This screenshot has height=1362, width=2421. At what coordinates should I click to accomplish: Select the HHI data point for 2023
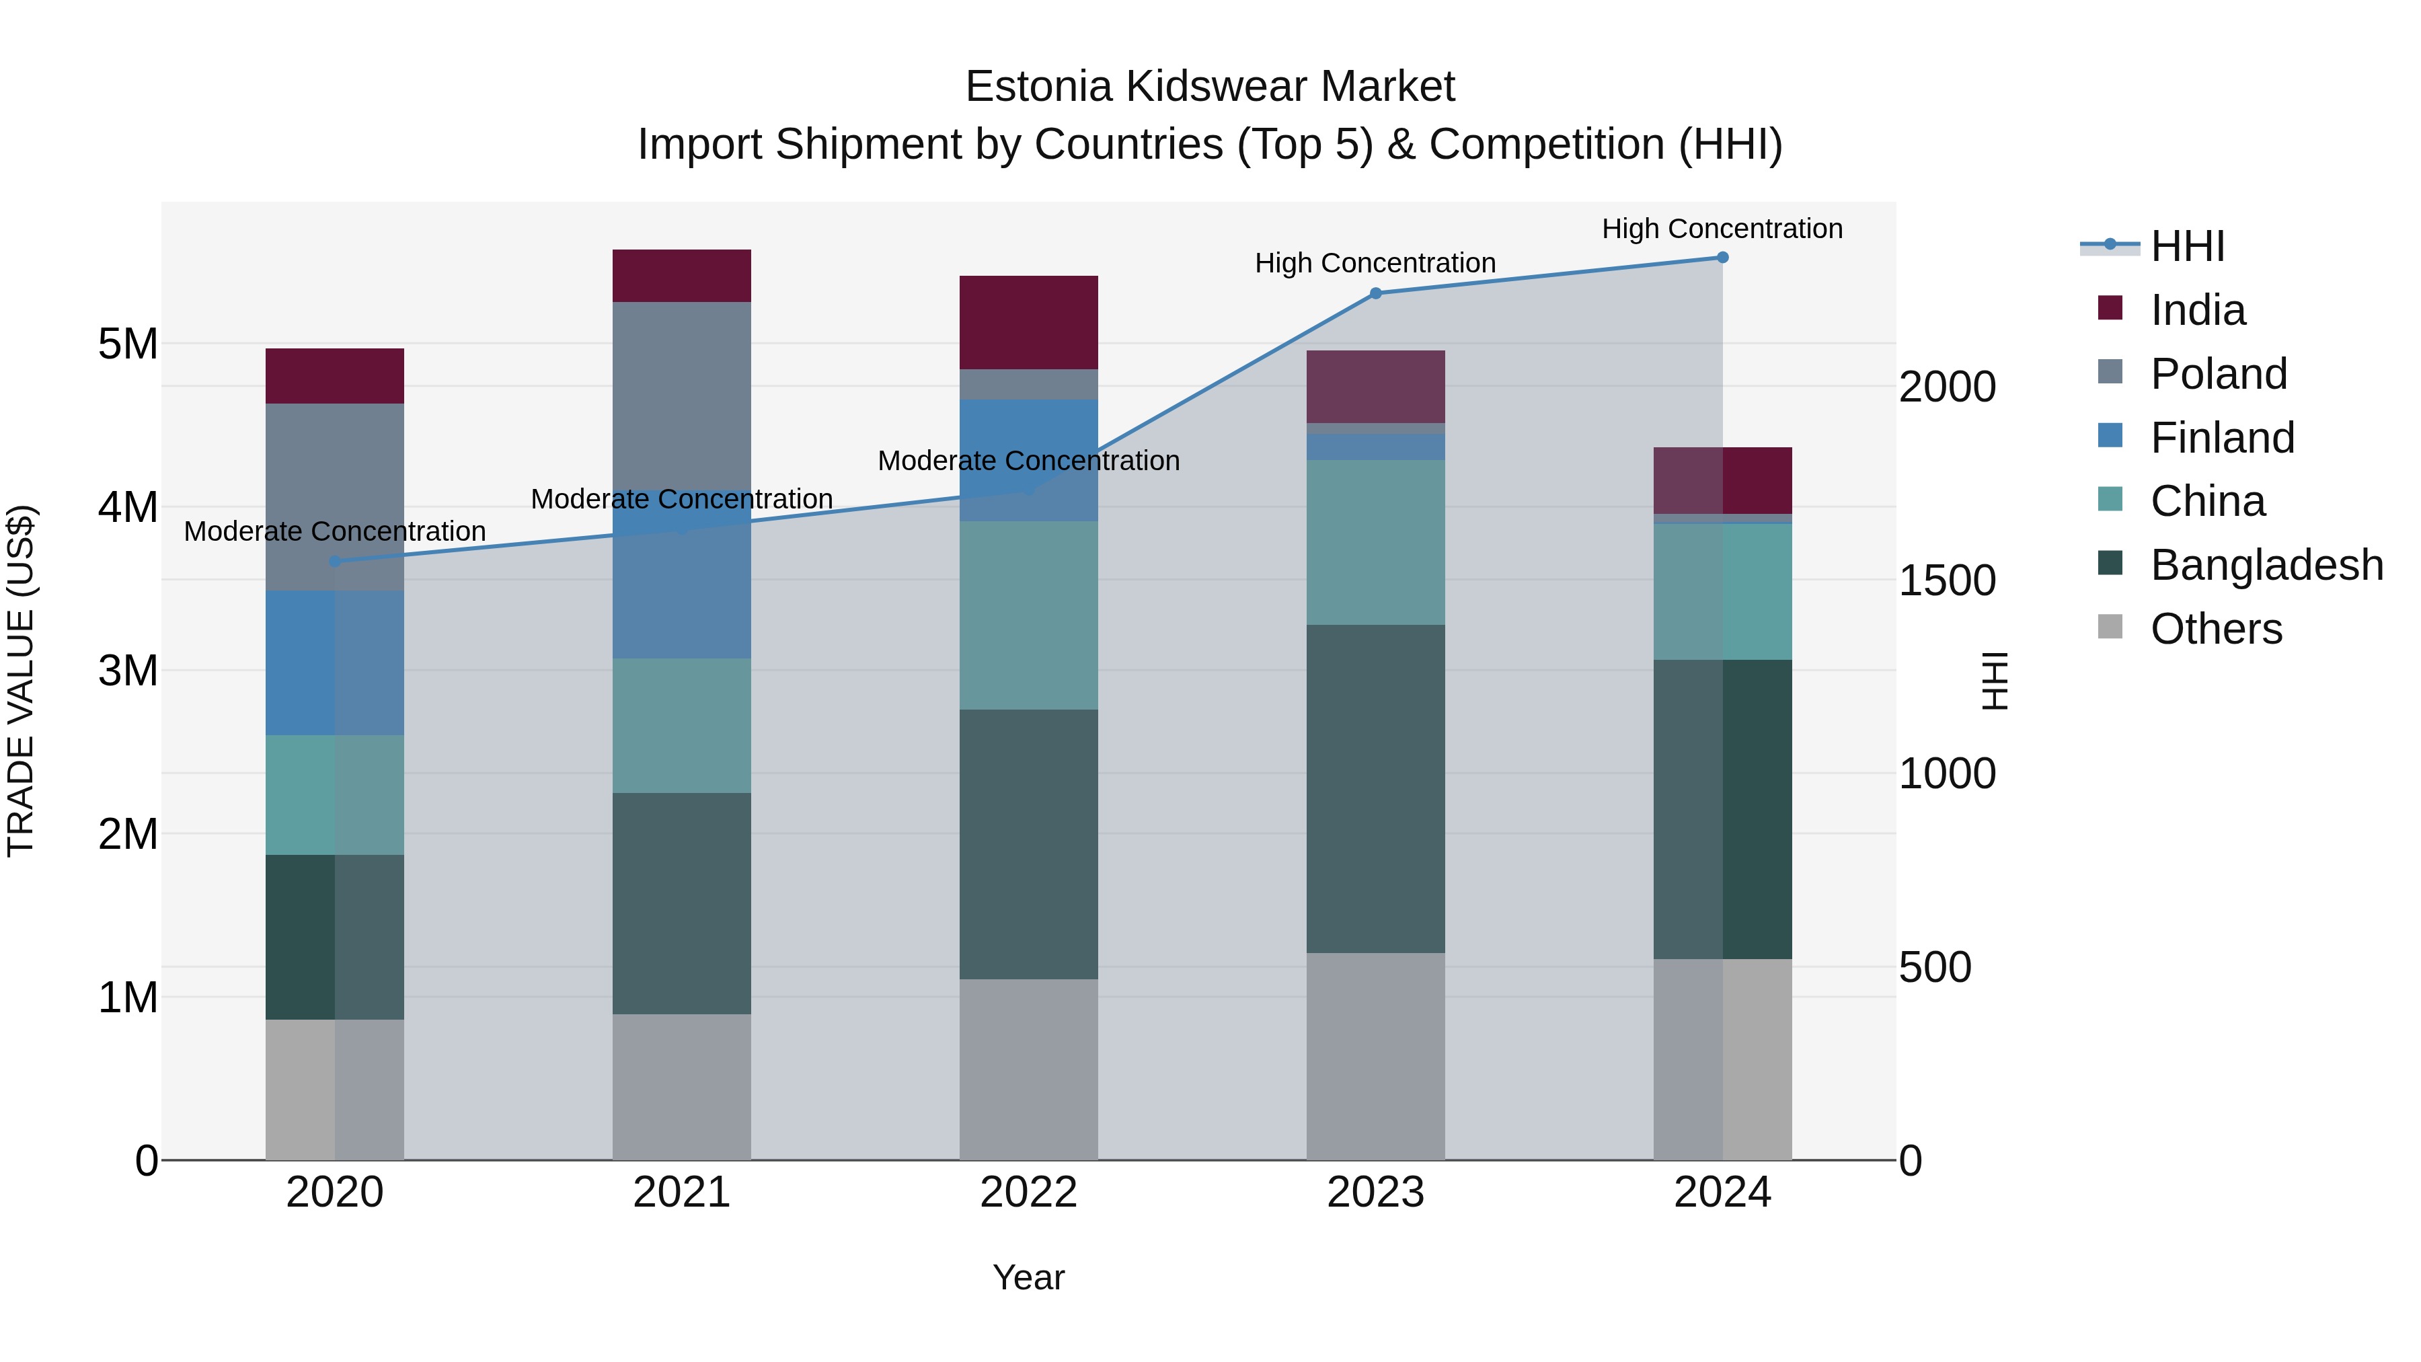click(1375, 293)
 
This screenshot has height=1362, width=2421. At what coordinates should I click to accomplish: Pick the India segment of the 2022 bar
click(1028, 322)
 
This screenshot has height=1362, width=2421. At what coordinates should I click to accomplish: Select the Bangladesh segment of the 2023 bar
click(1375, 789)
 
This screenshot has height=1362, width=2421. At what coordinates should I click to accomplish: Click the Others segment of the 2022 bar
click(1028, 1069)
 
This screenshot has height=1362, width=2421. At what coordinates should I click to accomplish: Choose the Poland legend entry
click(2218, 374)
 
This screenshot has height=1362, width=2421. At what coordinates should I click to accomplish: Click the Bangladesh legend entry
click(2266, 565)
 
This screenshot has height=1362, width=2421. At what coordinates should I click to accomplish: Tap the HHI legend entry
click(2187, 246)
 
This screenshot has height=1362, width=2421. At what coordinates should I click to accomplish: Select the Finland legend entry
click(2222, 438)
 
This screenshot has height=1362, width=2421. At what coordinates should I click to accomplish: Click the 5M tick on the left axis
click(128, 344)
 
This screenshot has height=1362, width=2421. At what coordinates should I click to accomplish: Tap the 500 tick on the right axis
click(1935, 967)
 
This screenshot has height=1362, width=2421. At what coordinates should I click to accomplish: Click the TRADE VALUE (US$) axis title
click(21, 681)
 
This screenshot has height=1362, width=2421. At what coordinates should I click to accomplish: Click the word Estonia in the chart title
click(1040, 87)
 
